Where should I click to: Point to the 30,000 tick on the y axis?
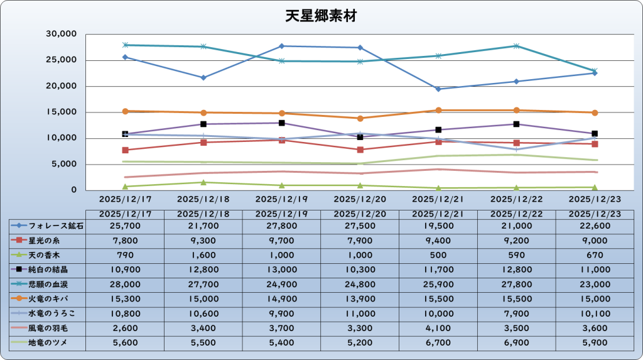tap(62, 34)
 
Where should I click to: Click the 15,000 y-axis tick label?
tap(62, 112)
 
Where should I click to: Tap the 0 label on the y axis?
tap(73, 190)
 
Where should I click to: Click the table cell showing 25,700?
tap(124, 226)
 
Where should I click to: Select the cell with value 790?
tap(124, 255)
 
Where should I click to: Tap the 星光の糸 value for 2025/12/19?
tap(281, 240)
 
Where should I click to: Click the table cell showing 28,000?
tap(124, 284)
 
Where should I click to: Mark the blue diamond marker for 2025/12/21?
tap(438, 89)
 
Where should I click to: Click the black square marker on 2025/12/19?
tap(281, 123)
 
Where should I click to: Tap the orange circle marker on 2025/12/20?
tap(360, 118)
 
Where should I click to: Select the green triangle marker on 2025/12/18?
tap(203, 182)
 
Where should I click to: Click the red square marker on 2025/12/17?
tap(125, 150)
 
